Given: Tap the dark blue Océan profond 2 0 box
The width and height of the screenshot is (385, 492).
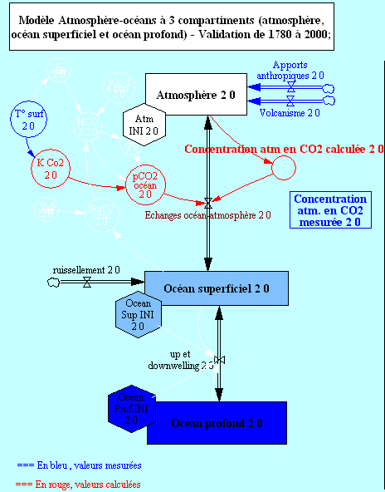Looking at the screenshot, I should (x=217, y=422).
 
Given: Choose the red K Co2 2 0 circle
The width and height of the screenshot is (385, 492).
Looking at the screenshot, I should (x=50, y=169).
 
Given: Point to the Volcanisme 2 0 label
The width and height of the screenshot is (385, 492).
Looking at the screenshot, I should (x=290, y=111).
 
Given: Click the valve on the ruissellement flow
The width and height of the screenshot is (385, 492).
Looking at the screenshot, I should (x=88, y=283).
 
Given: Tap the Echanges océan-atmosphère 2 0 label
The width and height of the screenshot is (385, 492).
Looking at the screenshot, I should (x=207, y=214).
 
